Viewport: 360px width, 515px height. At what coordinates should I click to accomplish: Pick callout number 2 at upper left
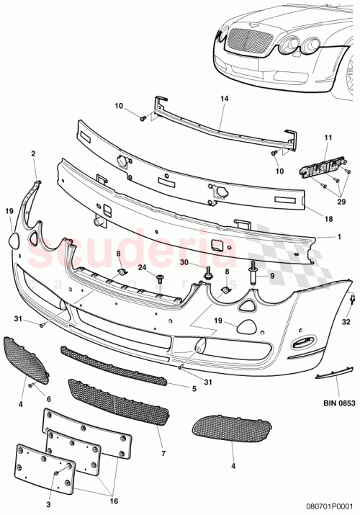(x=33, y=153)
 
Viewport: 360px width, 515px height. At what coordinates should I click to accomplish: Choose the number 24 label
(x=142, y=267)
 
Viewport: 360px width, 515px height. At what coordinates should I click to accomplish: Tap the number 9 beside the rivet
(x=271, y=275)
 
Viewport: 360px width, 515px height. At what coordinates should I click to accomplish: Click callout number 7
(x=163, y=454)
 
